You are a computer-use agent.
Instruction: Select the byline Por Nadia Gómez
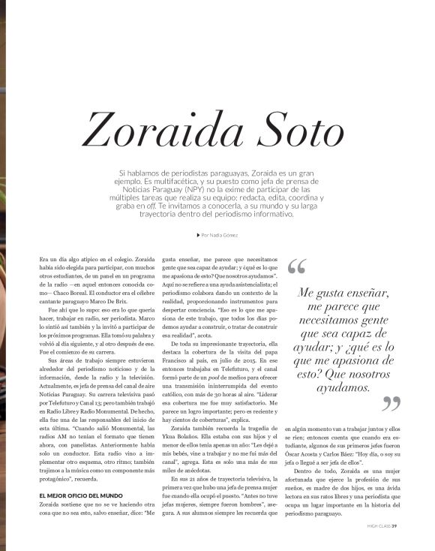220,236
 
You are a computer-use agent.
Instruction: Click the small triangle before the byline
196,236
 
